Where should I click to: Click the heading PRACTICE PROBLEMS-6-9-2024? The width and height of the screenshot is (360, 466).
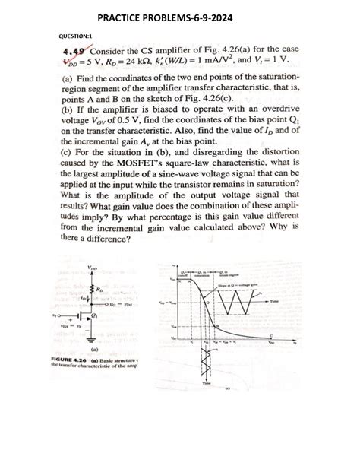coord(179,14)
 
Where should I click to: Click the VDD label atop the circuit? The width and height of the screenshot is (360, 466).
coord(93,268)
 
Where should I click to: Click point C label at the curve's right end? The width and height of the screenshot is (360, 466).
coord(271,334)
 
